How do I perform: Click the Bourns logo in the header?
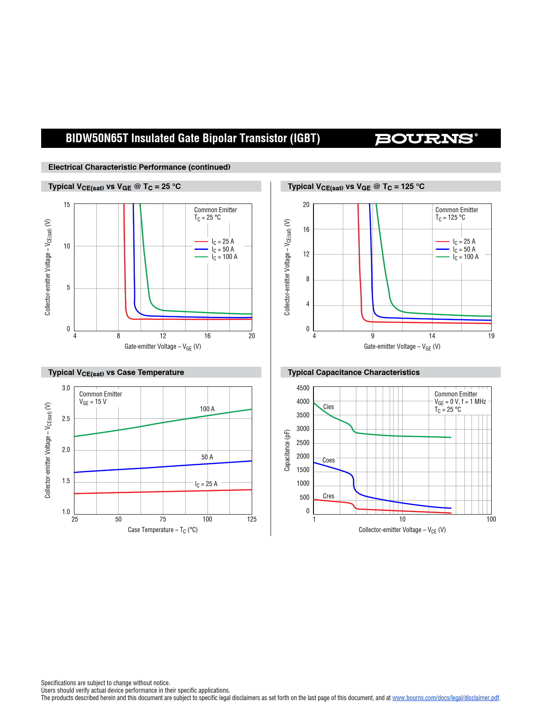426,139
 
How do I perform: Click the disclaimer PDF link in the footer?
445,698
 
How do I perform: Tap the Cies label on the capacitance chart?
328,407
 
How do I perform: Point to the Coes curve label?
328,460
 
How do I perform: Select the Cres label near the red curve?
328,496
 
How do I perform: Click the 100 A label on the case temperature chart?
207,409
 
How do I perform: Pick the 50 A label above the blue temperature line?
207,457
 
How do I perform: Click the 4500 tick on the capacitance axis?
303,388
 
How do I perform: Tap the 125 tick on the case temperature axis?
252,519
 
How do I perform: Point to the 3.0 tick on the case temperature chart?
66,388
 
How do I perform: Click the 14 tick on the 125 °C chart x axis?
432,336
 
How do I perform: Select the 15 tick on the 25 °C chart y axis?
67,205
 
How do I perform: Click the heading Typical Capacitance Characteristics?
353,372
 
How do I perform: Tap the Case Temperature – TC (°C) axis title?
162,530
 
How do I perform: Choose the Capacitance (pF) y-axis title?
287,450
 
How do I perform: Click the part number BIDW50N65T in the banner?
97,138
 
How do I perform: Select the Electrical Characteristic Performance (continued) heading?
139,167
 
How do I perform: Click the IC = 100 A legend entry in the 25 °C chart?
224,257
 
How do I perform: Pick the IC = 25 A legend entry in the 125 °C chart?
464,242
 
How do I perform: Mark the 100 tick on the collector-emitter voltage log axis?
491,519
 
